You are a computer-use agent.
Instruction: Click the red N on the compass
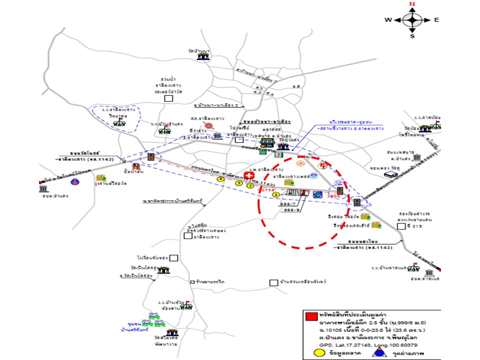412,4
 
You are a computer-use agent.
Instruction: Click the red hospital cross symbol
248,175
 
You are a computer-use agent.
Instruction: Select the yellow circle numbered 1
275,194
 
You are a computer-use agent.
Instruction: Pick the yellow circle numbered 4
221,179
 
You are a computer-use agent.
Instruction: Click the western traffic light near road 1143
151,157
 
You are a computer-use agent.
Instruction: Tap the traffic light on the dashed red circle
340,191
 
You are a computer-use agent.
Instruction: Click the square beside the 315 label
400,226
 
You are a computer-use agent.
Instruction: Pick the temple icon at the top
203,57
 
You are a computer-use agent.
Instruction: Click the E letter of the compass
436,20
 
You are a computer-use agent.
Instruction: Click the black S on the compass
412,36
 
